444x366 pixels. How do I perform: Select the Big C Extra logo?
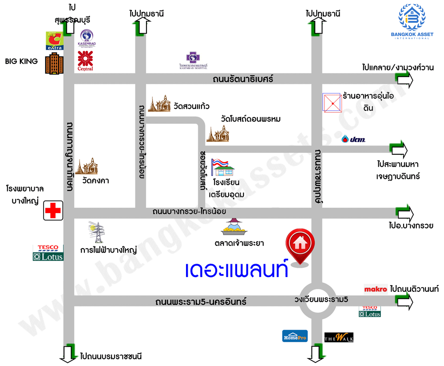(55, 40)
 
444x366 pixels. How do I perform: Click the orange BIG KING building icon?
(53, 63)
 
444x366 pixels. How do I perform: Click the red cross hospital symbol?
(53, 210)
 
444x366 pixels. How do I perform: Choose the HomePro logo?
(295, 336)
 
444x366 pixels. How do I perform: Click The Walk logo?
(339, 338)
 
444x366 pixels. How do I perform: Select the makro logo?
(376, 290)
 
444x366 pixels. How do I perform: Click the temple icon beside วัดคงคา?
(87, 166)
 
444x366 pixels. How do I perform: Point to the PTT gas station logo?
(353, 139)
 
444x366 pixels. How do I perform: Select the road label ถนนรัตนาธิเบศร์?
(242, 79)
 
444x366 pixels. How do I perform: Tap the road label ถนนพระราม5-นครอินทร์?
(201, 302)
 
